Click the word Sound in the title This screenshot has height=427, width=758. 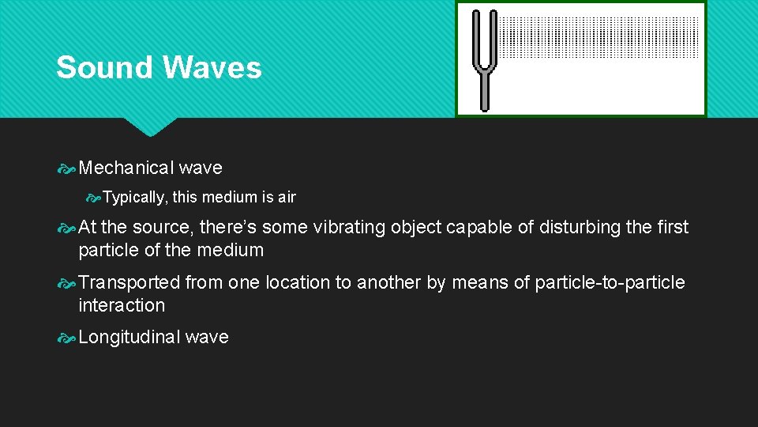pyautogui.click(x=104, y=68)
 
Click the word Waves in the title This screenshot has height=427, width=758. pyautogui.click(x=210, y=68)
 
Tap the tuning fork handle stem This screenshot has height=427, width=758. pyautogui.click(x=484, y=91)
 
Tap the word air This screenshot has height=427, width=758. pyautogui.click(x=285, y=197)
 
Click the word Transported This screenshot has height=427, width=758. pyautogui.click(x=129, y=282)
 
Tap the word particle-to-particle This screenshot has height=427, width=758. pyautogui.click(x=610, y=282)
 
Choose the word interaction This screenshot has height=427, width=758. pyautogui.click(x=122, y=305)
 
